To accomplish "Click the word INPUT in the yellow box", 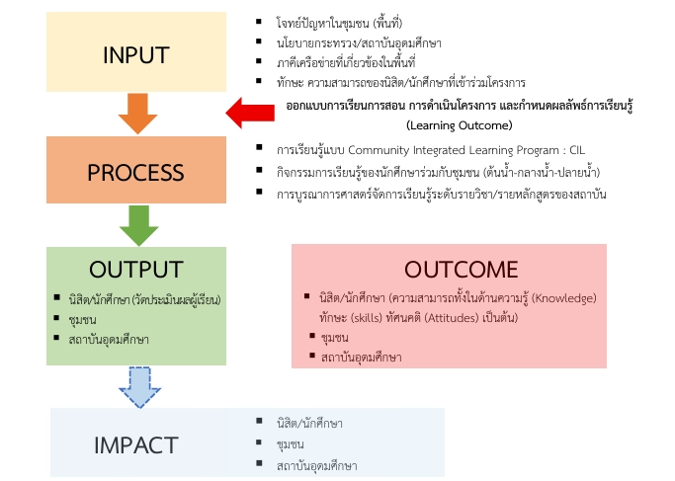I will [x=135, y=55].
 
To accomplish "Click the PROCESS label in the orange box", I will [x=135, y=172].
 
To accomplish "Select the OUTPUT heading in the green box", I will [x=135, y=270].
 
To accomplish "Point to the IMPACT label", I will [x=135, y=444].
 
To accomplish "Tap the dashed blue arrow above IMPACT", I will [x=136, y=386].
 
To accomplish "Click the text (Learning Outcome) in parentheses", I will [x=459, y=125].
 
